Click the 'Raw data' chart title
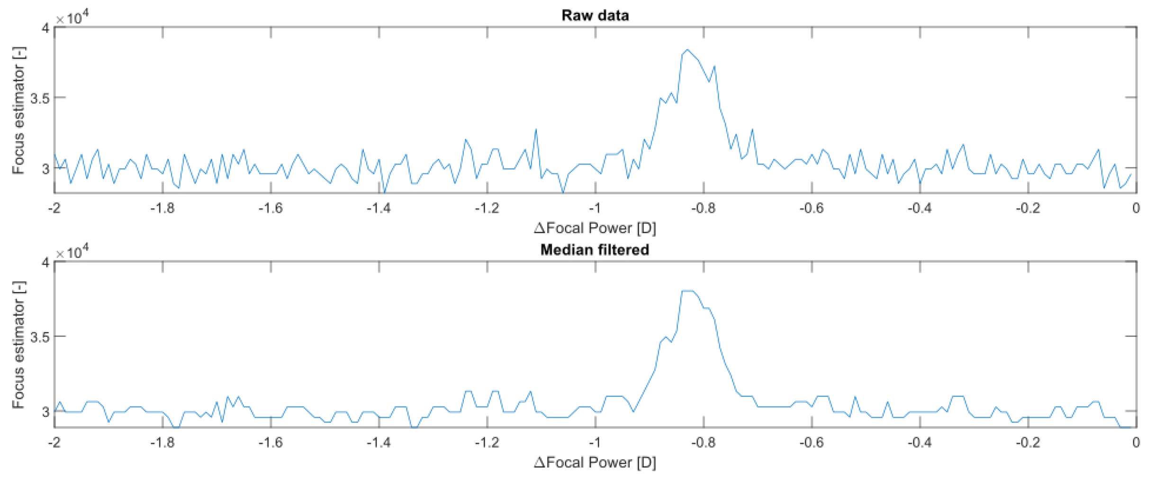coord(595,15)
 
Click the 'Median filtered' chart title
coord(595,249)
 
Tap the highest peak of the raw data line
coord(687,50)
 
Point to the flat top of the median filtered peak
coord(687,291)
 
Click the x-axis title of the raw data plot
coord(595,228)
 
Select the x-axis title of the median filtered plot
coord(595,462)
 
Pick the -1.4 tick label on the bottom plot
coord(379,442)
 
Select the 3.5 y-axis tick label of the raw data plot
coord(40,98)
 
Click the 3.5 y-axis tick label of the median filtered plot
coord(40,337)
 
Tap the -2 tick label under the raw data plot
coord(54,208)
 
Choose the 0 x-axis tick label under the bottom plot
coord(1136,442)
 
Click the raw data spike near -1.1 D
coord(536,129)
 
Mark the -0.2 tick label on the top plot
coord(1028,208)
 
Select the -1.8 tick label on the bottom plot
coord(162,442)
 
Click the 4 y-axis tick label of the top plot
coord(45,28)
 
